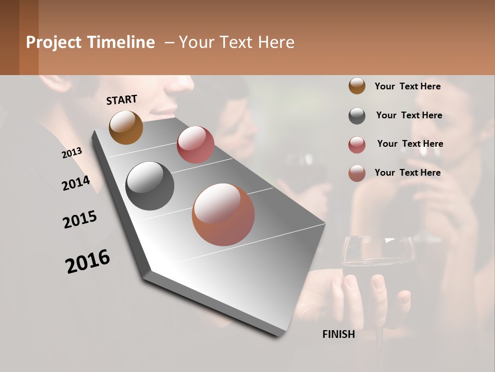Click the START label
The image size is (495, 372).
[x=122, y=100]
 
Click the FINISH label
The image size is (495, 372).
[x=338, y=334]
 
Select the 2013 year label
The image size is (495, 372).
[x=72, y=153]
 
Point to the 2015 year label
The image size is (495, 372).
[x=80, y=220]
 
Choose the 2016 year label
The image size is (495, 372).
[x=88, y=261]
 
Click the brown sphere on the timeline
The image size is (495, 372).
[x=126, y=127]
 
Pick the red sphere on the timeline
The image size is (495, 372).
[x=195, y=145]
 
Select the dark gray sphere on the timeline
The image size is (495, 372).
[x=150, y=186]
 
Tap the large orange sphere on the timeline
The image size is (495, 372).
[x=223, y=214]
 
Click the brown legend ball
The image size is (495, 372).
[x=357, y=86]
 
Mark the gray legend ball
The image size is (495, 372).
[x=357, y=116]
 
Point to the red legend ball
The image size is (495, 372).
[x=357, y=145]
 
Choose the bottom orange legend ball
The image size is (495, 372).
[x=357, y=173]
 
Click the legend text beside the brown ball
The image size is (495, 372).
[x=407, y=86]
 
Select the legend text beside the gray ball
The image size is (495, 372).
[x=409, y=115]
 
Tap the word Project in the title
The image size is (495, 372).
[x=54, y=42]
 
